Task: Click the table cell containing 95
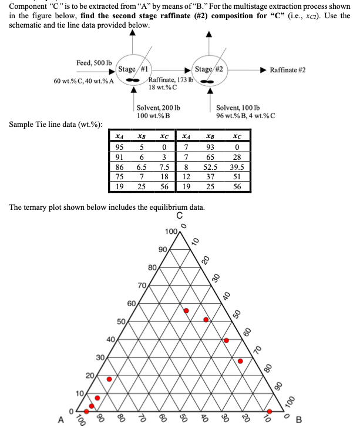[x=119, y=146]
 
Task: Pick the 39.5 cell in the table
[x=237, y=167]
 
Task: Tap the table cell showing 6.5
[x=142, y=167]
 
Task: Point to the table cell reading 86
[x=119, y=167]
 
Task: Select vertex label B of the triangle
[x=298, y=420]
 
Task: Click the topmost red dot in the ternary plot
[x=186, y=310]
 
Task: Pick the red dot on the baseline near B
[x=270, y=411]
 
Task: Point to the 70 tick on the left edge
[x=141, y=286]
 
